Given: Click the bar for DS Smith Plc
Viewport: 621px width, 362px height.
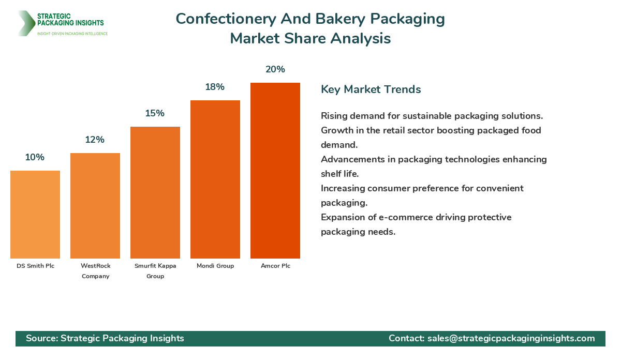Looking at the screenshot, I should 35,215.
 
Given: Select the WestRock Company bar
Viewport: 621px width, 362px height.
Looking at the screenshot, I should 95,206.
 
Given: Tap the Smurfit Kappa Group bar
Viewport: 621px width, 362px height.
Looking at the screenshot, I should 155,192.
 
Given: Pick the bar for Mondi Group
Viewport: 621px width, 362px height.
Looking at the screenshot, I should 215,179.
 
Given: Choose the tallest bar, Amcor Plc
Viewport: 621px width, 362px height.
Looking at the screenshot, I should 275,171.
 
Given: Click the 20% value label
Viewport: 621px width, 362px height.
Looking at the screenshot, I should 275,69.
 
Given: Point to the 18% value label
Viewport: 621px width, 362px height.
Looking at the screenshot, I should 215,87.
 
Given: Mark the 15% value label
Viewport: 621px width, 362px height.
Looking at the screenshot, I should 155,113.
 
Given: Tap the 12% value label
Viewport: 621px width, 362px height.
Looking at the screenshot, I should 95,140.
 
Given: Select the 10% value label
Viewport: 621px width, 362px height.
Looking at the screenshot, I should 35,157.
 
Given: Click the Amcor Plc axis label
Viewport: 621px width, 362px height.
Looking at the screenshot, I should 275,266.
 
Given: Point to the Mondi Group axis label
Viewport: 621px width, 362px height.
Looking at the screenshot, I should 215,266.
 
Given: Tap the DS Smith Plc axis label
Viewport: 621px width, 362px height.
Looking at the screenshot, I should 35,266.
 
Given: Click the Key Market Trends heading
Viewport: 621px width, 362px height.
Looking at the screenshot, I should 371,89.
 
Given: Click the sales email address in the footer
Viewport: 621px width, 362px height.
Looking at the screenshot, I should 511,338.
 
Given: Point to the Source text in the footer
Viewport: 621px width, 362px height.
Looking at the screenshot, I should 42,338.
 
